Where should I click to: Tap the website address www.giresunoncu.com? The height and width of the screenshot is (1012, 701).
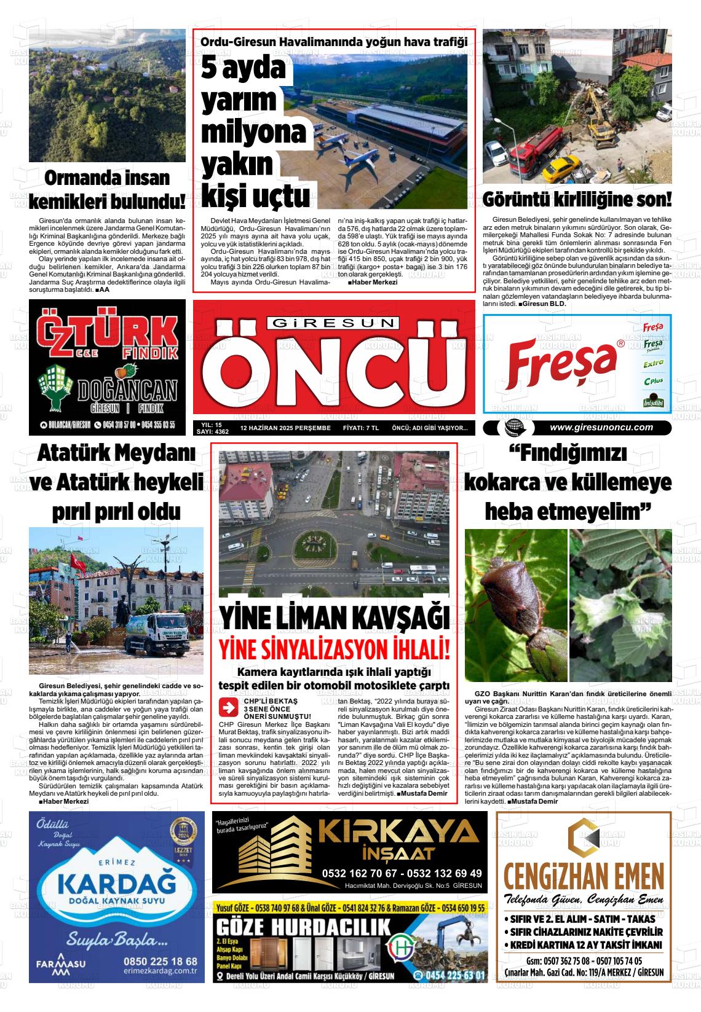(601, 428)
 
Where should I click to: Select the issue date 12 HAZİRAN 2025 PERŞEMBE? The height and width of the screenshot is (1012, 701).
(285, 428)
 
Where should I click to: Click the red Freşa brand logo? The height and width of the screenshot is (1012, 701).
(562, 363)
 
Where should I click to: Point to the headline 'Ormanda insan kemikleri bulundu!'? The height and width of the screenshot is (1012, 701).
(108, 190)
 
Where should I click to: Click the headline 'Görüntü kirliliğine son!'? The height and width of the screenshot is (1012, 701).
(577, 200)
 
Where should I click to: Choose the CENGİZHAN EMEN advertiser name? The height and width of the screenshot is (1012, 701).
(583, 876)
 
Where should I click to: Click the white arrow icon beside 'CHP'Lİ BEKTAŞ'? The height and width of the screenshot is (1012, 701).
(228, 707)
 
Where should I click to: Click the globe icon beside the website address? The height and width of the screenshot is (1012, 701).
(512, 428)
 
